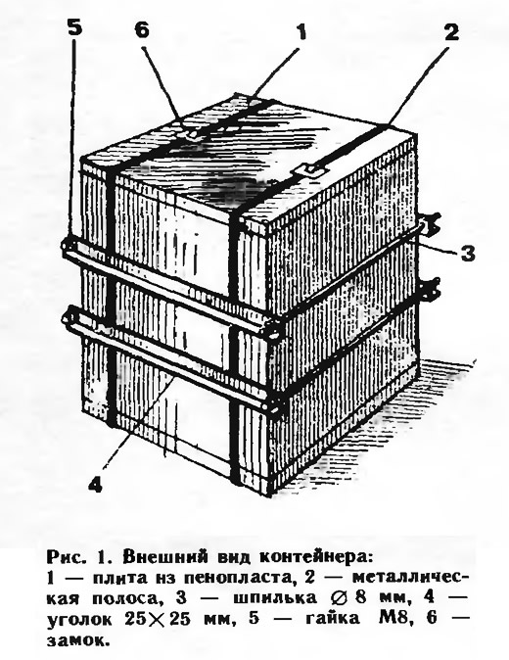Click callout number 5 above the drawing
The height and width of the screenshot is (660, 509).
click(x=74, y=30)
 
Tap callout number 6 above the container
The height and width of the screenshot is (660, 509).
click(x=142, y=30)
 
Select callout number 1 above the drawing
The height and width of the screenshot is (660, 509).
click(x=300, y=32)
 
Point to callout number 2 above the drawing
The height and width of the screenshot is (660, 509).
click(x=451, y=32)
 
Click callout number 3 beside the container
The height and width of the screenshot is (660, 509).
click(x=467, y=254)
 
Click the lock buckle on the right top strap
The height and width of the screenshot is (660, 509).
click(x=311, y=170)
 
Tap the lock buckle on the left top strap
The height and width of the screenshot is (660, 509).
click(x=191, y=133)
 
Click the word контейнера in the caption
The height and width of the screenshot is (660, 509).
click(x=316, y=557)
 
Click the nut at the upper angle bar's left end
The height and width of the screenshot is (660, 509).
click(x=69, y=245)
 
